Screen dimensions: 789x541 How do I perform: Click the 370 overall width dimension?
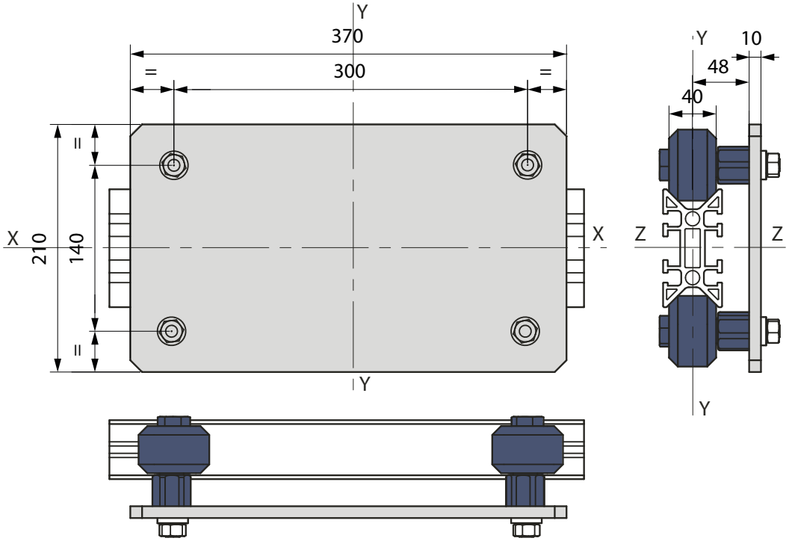(x=347, y=36)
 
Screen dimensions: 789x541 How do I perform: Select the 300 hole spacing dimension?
(x=349, y=72)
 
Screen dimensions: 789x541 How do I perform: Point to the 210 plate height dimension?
(x=40, y=248)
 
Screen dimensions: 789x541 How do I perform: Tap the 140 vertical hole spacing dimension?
(x=76, y=247)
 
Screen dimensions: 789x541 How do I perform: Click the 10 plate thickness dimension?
(x=751, y=38)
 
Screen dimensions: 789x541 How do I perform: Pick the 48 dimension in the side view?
(x=718, y=67)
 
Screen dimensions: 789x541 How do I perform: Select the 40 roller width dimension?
(x=693, y=96)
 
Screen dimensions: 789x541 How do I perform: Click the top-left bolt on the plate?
(x=174, y=164)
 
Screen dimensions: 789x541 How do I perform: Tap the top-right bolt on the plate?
(x=527, y=164)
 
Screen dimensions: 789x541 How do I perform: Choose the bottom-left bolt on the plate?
(x=172, y=331)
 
